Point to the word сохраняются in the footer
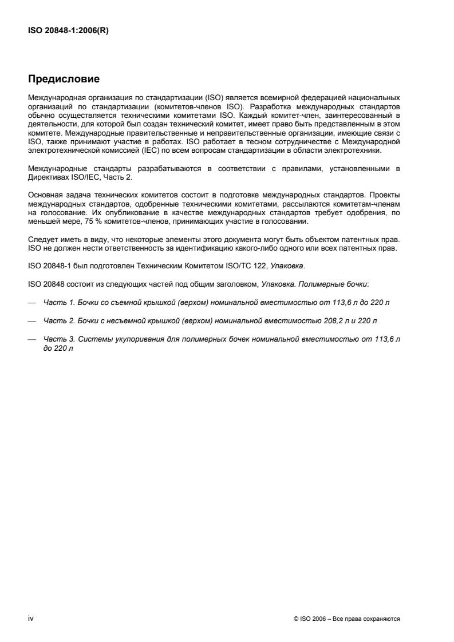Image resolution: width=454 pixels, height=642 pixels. coord(383,619)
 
